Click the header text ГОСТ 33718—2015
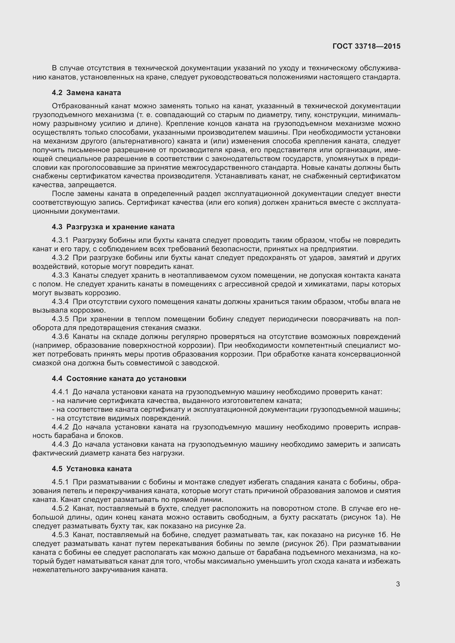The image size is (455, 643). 366,46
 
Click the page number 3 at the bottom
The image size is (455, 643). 398,584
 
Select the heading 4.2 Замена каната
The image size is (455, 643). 86,93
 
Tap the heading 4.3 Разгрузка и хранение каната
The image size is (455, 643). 113,227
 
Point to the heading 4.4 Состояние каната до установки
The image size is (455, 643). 119,379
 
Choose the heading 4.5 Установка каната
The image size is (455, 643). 92,469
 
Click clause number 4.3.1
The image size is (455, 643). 60,240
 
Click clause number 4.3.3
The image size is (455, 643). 60,275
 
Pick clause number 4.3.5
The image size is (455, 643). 60,319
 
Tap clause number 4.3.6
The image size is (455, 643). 60,337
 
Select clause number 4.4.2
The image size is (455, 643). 60,427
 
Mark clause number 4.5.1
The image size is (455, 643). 60,482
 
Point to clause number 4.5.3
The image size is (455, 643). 60,535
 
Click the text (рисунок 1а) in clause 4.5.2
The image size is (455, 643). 364,517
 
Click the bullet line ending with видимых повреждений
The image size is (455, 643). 121,418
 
